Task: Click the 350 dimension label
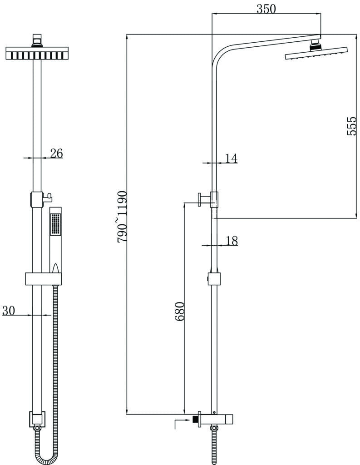pos(266,9)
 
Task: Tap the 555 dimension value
pos(351,126)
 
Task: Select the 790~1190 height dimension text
pos(122,217)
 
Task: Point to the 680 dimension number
pos(180,312)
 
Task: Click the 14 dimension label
pos(232,158)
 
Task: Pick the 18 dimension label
pos(232,241)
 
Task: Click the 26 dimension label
pos(56,153)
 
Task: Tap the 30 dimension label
pos(8,311)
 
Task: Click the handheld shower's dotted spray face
pos(55,224)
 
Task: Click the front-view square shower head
pos(37,53)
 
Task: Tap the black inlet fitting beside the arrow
pos(195,420)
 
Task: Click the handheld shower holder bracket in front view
pos(43,279)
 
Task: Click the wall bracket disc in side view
pos(200,200)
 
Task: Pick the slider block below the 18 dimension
pos(214,279)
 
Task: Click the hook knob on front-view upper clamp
pos(48,197)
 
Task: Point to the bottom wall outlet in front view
pos(37,419)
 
